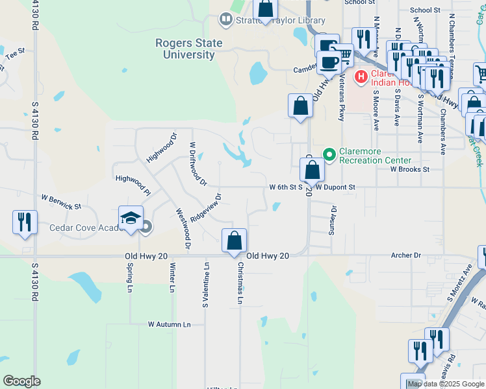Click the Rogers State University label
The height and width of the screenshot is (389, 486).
point(188,49)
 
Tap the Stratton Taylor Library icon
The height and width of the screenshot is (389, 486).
point(225,19)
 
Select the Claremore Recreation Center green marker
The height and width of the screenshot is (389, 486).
point(329,155)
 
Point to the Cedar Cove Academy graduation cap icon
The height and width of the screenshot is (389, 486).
point(131,217)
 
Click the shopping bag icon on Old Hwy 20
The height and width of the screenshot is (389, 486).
point(234,241)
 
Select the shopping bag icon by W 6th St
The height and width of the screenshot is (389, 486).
point(313,170)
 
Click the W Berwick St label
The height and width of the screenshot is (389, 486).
point(61,202)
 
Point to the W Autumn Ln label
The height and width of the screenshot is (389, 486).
point(170,324)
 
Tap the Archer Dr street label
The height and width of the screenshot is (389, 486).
point(407,255)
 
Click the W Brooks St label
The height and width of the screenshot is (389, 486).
point(410,169)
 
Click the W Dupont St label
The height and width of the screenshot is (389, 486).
point(335,187)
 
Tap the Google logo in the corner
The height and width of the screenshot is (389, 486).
point(21,381)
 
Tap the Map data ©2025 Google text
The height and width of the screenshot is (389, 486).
point(446,384)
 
